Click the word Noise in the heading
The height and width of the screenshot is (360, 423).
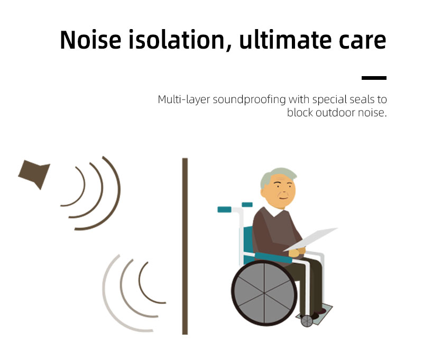(x=90, y=40)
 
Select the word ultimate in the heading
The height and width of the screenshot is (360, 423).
(x=285, y=40)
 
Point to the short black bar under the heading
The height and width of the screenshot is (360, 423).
(x=374, y=78)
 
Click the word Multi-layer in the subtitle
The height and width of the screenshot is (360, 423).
(x=183, y=100)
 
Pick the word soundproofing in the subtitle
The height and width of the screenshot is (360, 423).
(x=249, y=100)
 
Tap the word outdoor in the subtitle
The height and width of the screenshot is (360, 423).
(x=335, y=113)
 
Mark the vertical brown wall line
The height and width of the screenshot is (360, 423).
(x=185, y=246)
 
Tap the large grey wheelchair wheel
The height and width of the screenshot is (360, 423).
(x=264, y=293)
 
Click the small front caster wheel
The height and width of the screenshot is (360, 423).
(x=307, y=321)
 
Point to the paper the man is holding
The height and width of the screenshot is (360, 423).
(x=310, y=239)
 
